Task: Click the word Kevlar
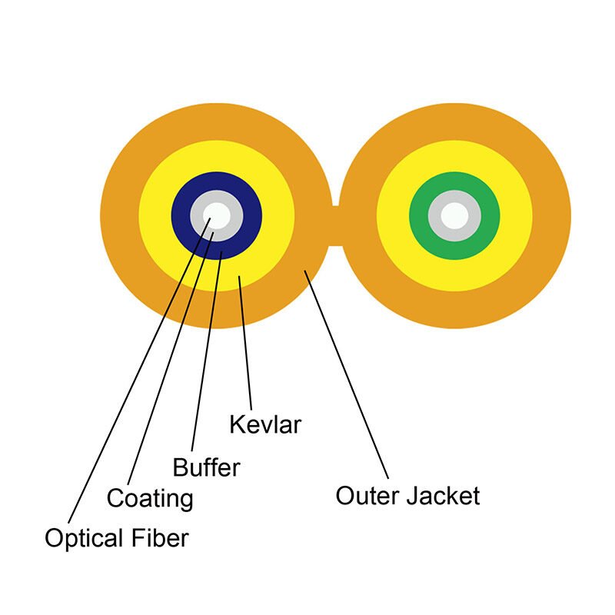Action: [x=265, y=424]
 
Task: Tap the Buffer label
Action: [x=206, y=467]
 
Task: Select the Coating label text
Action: [x=150, y=498]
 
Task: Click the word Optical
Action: [x=80, y=538]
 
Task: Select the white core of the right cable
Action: [x=454, y=214]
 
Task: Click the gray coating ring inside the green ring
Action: [x=435, y=214]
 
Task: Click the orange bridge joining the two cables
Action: [x=335, y=226]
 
